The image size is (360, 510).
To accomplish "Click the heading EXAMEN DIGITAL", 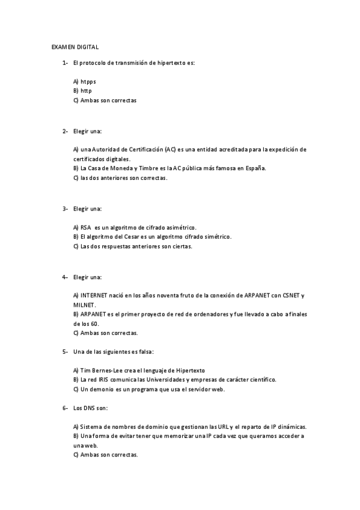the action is coord(75,46).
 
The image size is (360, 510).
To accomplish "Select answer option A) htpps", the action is coord(84,81).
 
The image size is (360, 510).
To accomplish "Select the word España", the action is coord(255,168).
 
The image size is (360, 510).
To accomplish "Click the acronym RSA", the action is coord(85,227).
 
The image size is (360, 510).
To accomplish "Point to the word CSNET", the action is coord(289,295).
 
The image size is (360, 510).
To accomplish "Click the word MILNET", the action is coord(83,305).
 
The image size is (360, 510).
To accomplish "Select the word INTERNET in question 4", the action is coord(94,295).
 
